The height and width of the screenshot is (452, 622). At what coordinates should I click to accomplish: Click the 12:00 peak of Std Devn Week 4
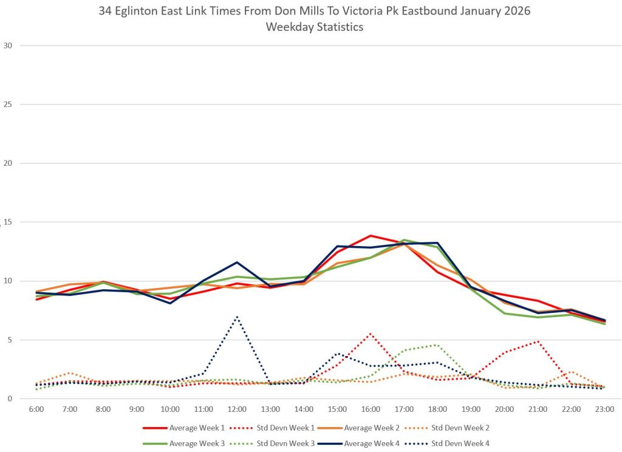(x=237, y=317)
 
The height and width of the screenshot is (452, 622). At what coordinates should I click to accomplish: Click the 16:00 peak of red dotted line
(x=371, y=334)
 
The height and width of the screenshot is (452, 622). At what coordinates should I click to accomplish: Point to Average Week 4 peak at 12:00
(x=237, y=262)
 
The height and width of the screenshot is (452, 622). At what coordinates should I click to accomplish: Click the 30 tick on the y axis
(x=8, y=46)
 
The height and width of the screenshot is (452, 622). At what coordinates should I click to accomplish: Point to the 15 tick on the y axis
(x=8, y=222)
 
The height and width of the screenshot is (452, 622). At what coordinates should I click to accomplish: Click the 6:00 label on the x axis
(x=36, y=410)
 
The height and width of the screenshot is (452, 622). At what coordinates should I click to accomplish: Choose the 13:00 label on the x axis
(x=270, y=410)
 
